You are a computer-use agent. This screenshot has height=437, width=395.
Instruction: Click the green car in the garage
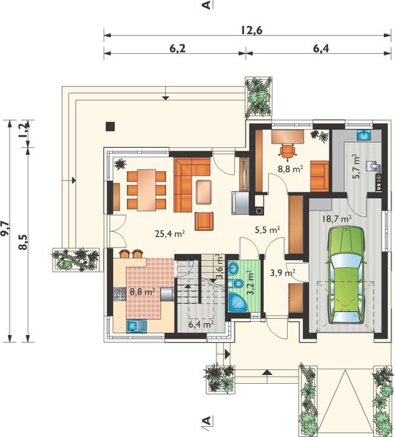point(346,275)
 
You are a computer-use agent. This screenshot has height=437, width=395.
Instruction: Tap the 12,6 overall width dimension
point(251,30)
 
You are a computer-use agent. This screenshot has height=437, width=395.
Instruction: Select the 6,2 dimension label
point(177,49)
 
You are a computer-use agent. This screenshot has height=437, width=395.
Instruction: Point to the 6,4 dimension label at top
point(321,49)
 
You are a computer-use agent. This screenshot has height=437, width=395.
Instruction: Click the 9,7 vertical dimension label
point(5,229)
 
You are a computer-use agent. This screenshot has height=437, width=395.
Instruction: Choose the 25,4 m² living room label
point(170,233)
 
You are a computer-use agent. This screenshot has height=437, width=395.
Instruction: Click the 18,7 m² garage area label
point(337,219)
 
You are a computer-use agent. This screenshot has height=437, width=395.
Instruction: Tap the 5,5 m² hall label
point(267,229)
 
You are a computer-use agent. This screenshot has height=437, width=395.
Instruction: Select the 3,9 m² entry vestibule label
point(283,273)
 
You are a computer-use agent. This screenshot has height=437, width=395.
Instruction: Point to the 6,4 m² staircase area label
point(201,324)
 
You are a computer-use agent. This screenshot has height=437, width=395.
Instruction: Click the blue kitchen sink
point(137,326)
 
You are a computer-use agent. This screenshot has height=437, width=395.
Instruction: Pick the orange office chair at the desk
point(287,151)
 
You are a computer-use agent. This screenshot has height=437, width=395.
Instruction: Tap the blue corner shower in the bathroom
point(238,302)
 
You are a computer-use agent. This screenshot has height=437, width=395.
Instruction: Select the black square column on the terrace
point(110,127)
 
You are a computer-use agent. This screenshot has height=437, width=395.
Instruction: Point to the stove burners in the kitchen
point(120,294)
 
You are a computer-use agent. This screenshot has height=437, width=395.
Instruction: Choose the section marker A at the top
point(206,5)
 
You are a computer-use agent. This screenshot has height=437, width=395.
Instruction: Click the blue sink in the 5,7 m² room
point(364,135)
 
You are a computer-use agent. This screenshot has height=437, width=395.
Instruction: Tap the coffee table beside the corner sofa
point(204,192)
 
